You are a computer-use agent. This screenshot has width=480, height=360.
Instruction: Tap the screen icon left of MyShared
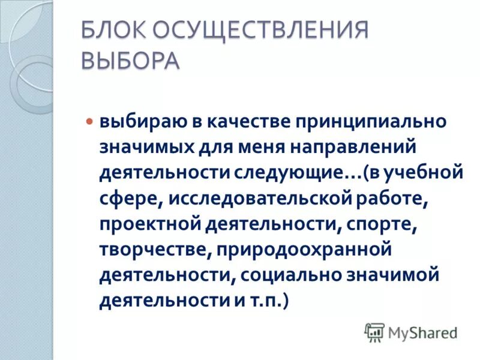click(x=374, y=332)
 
